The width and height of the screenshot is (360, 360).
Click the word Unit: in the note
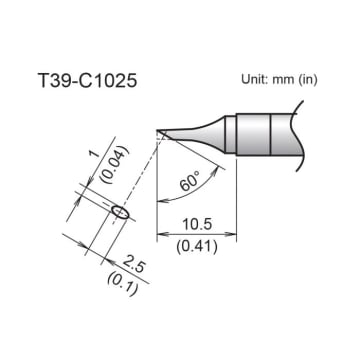coord(257,80)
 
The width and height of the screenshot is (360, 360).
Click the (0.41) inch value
coord(197,246)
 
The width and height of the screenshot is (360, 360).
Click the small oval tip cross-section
coord(120,213)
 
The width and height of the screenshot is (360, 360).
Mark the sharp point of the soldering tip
coord(158,130)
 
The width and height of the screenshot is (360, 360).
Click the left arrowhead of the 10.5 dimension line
coord(161,235)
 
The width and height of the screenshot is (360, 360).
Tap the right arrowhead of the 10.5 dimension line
coord(235,235)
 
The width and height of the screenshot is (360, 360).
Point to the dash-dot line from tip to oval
coord(141,169)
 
